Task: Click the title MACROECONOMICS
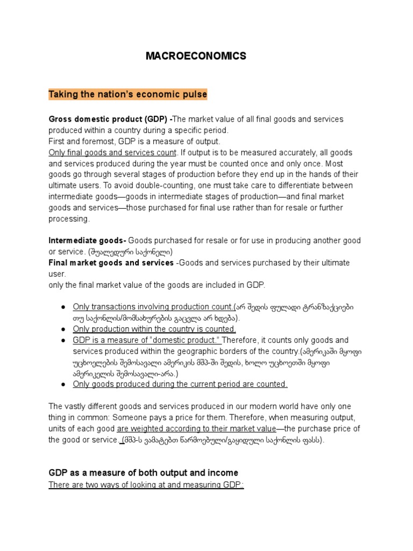point(196,56)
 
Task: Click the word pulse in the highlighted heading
point(195,95)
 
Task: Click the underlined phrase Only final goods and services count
point(112,152)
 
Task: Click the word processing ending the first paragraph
point(69,219)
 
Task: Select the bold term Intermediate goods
point(87,241)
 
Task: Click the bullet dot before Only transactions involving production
point(63,307)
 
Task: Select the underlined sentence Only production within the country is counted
point(154,329)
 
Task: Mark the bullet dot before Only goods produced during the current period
point(63,384)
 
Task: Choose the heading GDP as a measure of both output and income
point(143,472)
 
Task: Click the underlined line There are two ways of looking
point(146,484)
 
